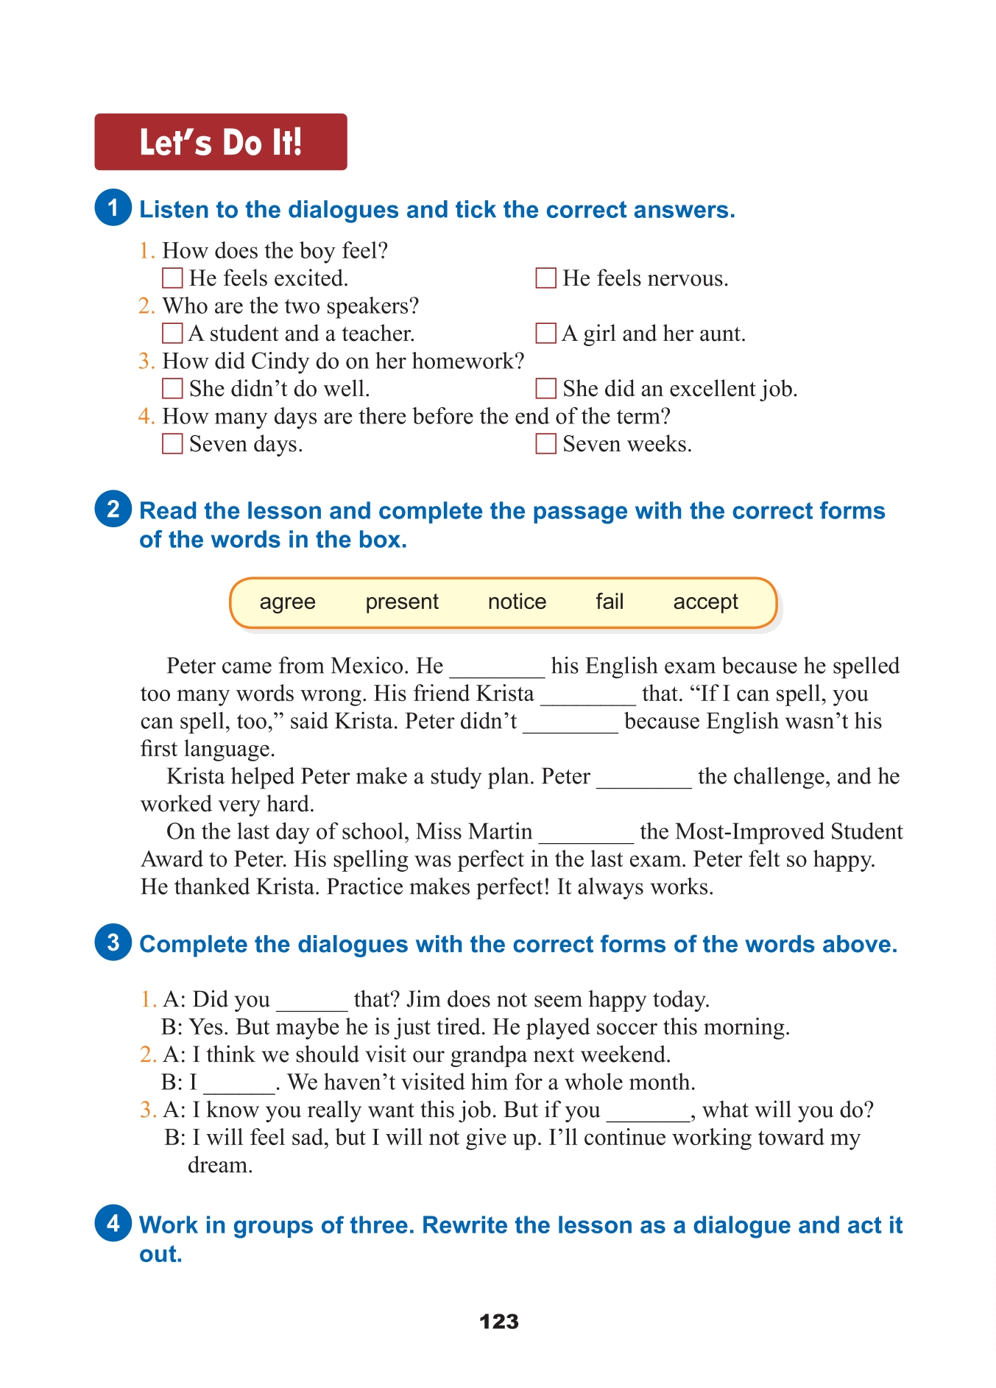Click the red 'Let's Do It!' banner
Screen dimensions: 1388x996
tap(220, 142)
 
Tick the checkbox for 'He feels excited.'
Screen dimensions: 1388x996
tap(172, 278)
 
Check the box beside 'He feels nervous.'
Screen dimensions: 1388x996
tap(545, 278)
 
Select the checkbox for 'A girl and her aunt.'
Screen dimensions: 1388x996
tap(545, 334)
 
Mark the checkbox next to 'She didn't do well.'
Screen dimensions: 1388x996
tap(172, 389)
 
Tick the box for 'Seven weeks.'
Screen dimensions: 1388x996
tap(545, 444)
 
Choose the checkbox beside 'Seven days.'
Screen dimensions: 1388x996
tap(172, 444)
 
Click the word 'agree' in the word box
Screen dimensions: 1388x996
tap(287, 602)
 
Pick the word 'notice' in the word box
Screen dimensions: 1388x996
tap(517, 602)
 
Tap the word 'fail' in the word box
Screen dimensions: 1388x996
tap(610, 602)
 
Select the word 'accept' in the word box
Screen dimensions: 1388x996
tap(705, 602)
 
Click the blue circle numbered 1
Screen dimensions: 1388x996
tap(113, 208)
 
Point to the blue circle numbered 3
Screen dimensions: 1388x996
tap(113, 943)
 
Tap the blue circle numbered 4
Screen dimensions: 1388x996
tap(113, 1223)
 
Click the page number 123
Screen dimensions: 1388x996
tap(498, 1322)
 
